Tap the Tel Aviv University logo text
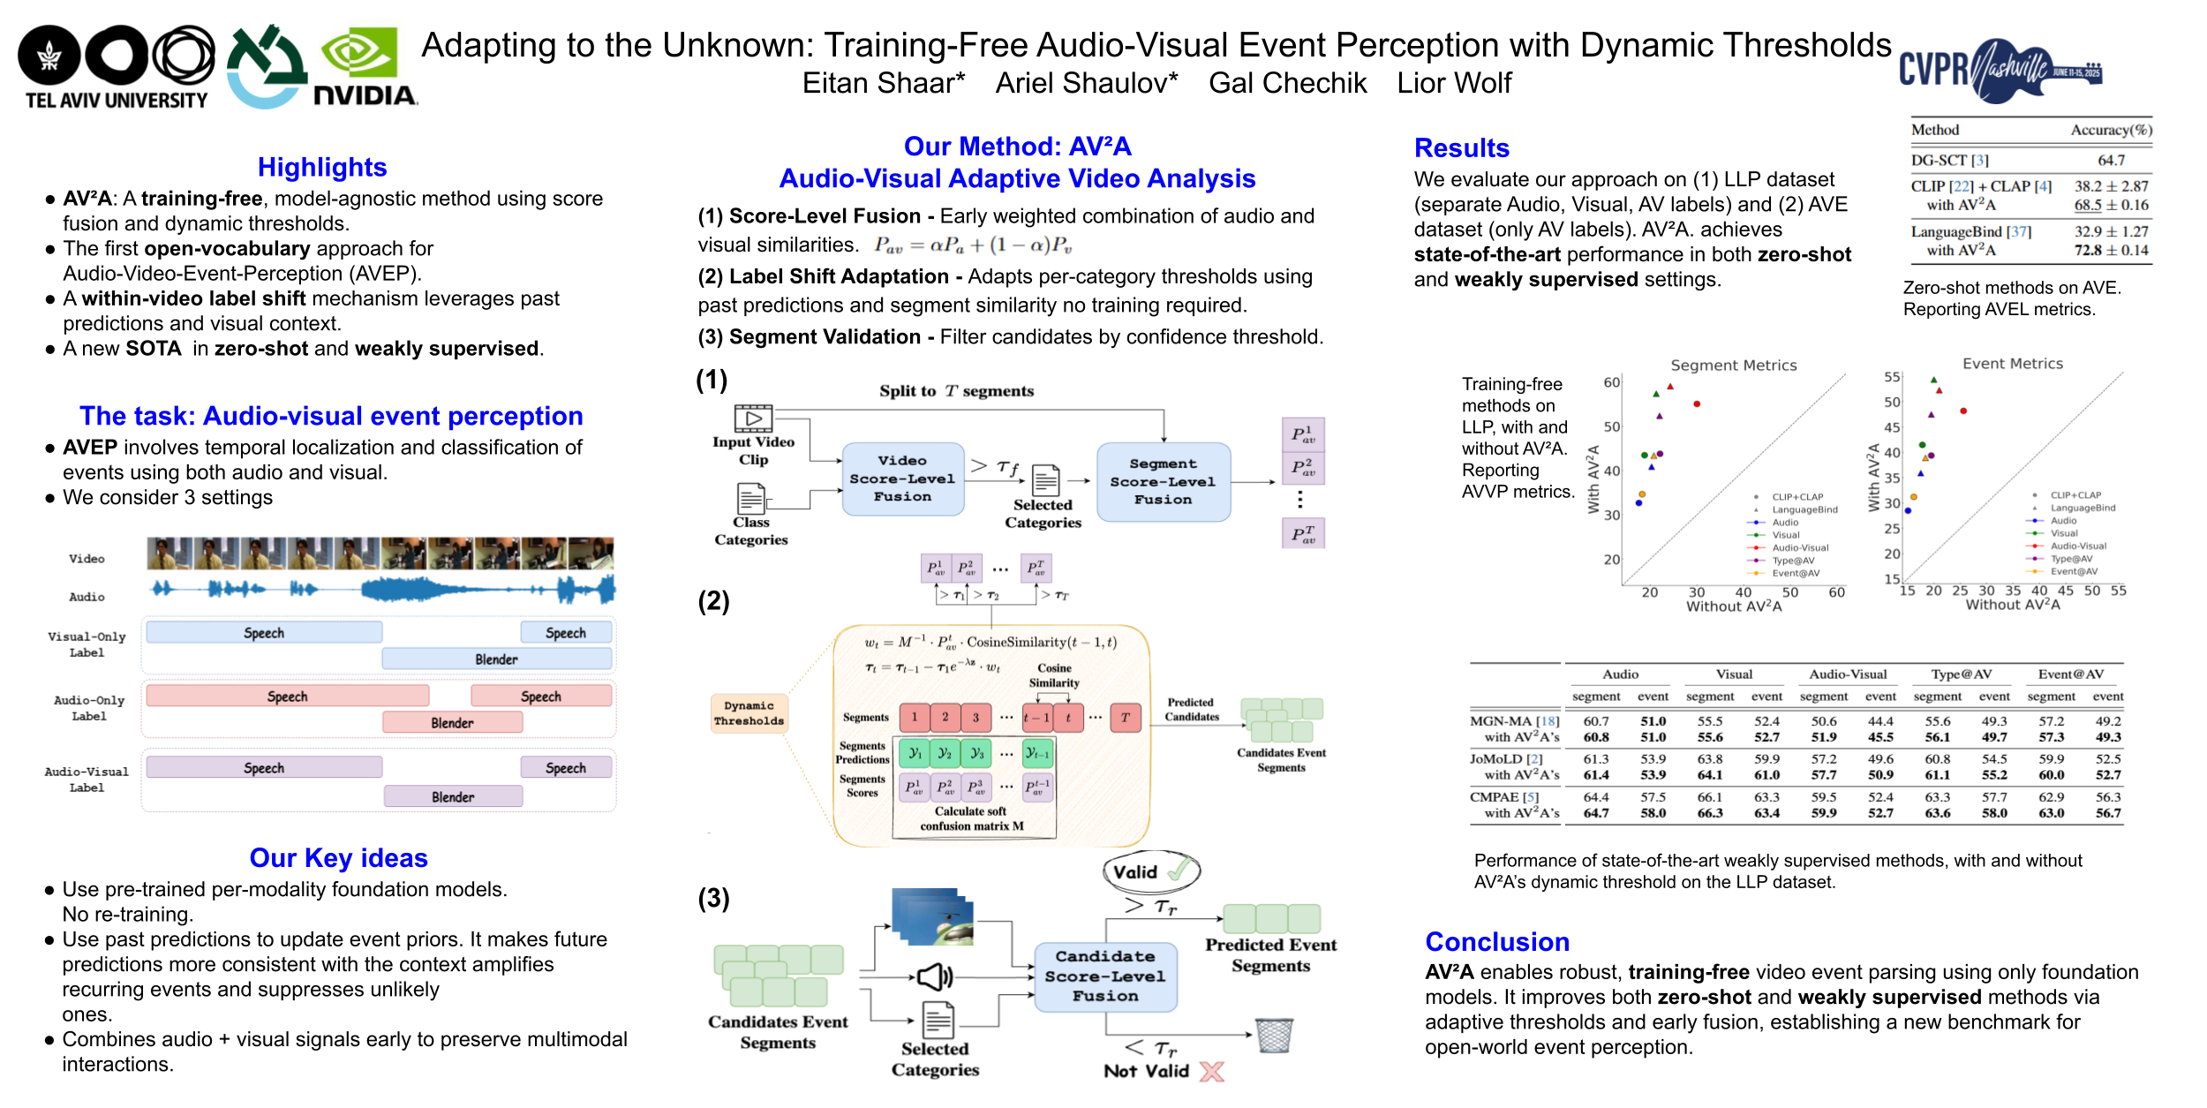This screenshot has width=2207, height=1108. pos(117,101)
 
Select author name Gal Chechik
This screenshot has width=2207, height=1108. pos(1287,83)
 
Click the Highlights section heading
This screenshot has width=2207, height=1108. pos(322,167)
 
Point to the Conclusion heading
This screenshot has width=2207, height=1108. pos(1497,942)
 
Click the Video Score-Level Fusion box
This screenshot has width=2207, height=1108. pos(902,479)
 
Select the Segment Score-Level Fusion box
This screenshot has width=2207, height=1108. pos(1163,482)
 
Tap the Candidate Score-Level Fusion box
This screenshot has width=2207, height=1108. pos(1104,976)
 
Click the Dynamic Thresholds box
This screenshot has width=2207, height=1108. pos(749,713)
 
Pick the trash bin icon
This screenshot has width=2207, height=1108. pos(1274,1035)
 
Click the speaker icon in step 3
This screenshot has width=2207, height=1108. pos(935,976)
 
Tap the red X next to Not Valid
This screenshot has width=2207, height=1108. pos(1212,1072)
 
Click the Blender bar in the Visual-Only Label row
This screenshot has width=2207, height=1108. pos(496,660)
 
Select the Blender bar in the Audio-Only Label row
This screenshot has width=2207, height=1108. pos(452,723)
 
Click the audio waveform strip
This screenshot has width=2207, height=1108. pos(381,589)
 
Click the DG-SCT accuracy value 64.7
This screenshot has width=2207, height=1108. pos(2111,161)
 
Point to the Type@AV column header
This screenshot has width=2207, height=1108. pos(1961,675)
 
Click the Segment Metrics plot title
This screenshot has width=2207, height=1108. pos(1733,366)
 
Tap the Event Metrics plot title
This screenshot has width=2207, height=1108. pos(2012,364)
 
